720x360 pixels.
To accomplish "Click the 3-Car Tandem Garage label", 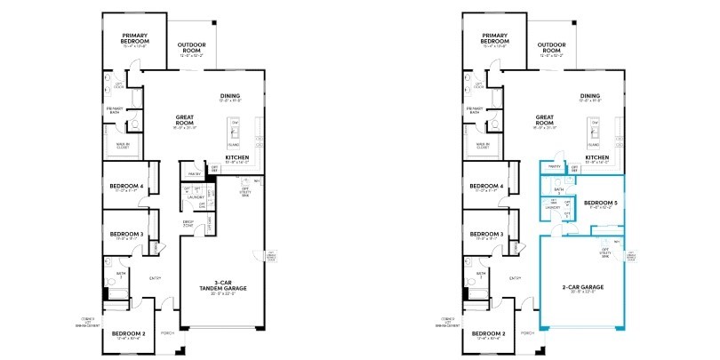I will (x=217, y=287).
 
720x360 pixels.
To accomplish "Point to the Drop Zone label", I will (x=188, y=223).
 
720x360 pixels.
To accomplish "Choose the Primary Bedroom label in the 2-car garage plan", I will (x=493, y=39).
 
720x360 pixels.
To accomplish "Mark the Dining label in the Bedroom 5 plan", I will (x=589, y=97).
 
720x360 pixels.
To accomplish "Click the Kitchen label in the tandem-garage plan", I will (x=236, y=158).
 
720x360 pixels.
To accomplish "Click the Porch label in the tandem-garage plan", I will (x=166, y=334).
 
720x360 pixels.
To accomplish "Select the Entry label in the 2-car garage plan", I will (x=515, y=278).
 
